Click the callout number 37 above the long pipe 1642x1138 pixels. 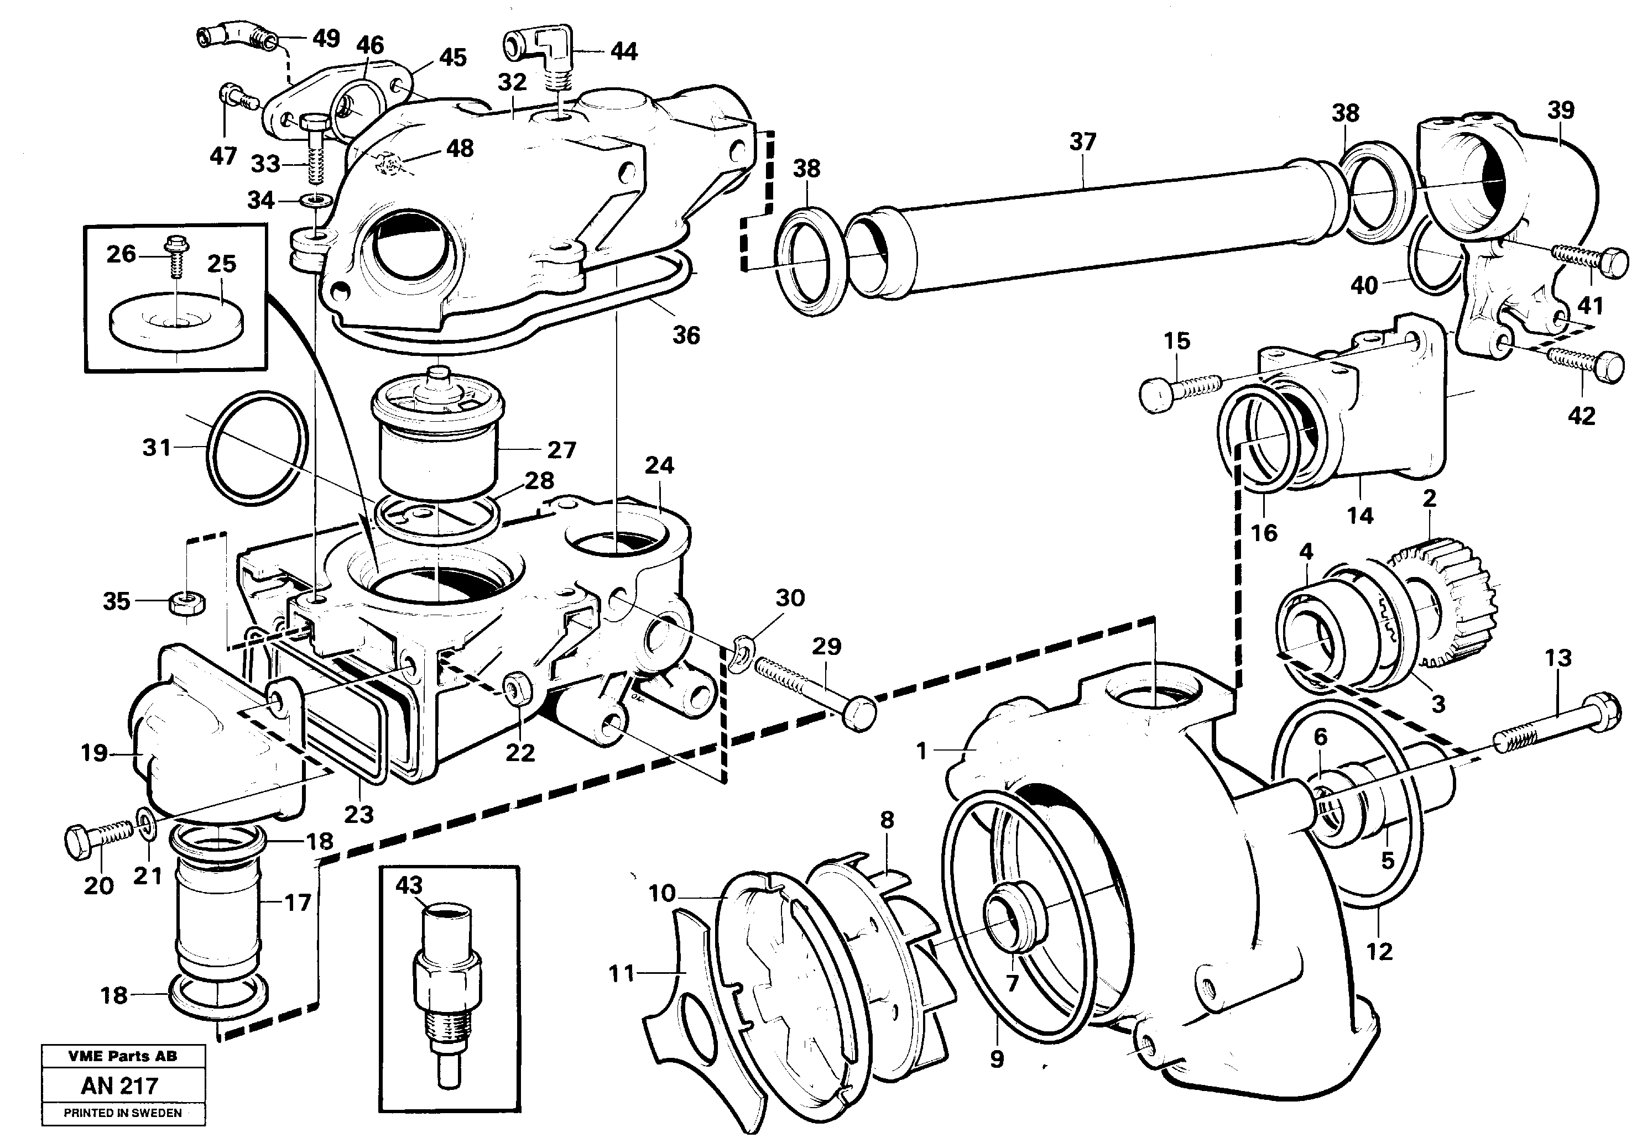click(x=1082, y=142)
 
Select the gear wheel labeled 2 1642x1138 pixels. click(x=1448, y=597)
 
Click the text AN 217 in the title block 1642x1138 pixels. click(x=120, y=1086)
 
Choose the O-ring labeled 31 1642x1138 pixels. click(x=259, y=447)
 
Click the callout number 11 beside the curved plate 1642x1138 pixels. click(x=621, y=973)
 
